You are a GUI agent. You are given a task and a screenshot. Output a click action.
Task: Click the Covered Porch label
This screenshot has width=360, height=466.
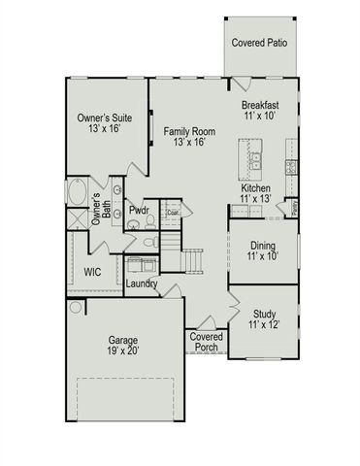click(206, 342)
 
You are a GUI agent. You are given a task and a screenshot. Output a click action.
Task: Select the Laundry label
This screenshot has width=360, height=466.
click(143, 283)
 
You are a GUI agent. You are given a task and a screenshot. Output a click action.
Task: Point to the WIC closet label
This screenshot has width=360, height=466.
click(93, 272)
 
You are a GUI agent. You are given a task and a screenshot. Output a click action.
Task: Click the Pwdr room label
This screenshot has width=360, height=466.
click(137, 210)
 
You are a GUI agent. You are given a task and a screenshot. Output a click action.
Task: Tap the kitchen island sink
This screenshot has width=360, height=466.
click(256, 158)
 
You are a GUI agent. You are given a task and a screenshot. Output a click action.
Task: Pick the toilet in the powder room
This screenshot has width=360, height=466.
click(149, 242)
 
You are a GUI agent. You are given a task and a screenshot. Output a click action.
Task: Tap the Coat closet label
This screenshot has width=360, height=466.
click(173, 212)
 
